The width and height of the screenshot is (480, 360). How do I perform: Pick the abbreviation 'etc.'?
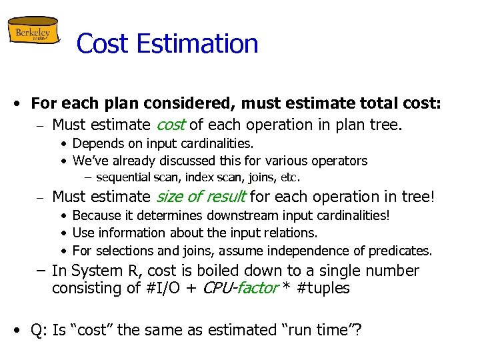pos(291,177)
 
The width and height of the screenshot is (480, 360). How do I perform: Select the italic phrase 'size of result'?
pos(201,197)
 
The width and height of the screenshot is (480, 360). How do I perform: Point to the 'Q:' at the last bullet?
pos(41,330)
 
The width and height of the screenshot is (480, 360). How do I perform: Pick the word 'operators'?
pos(340,161)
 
